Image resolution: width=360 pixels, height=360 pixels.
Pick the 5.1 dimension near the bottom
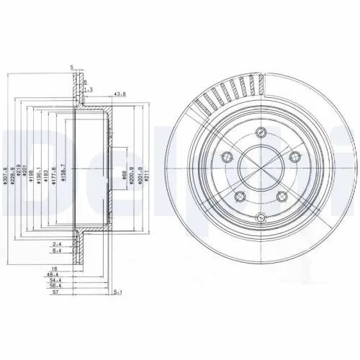tap(117, 292)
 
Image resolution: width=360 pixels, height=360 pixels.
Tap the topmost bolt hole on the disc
tap(261, 132)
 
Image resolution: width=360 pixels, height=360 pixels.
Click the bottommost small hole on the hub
tap(262, 220)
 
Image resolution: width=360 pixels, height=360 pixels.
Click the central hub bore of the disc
tap(262, 176)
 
